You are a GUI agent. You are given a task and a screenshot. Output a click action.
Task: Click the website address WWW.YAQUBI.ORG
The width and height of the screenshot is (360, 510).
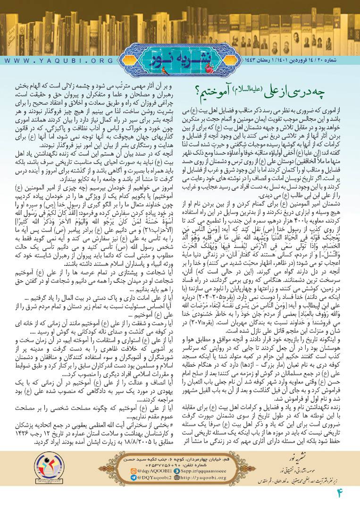click(x=59, y=61)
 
